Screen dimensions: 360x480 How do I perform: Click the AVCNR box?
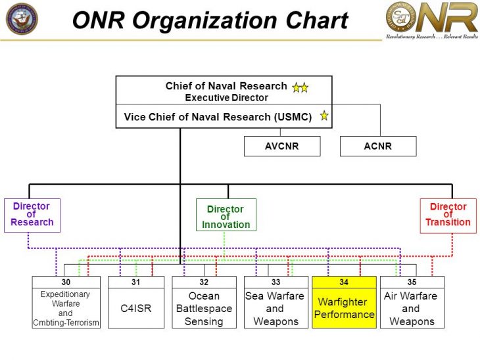point(281,146)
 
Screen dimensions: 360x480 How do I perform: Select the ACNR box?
point(377,146)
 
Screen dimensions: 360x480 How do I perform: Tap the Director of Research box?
point(32,215)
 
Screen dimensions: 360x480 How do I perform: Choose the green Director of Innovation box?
point(226,215)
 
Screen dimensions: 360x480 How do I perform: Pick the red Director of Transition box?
point(448,215)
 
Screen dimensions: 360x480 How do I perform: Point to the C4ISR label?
point(135,308)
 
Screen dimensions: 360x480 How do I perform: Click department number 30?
point(66,282)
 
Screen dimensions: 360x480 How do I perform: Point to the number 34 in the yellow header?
point(344,282)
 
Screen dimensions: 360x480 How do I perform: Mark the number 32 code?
point(204,282)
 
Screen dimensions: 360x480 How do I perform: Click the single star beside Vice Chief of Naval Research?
point(324,116)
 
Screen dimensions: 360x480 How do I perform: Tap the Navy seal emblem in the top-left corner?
point(22,18)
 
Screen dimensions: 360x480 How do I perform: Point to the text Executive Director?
point(226,97)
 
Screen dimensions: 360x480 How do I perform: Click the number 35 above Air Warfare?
point(412,282)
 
